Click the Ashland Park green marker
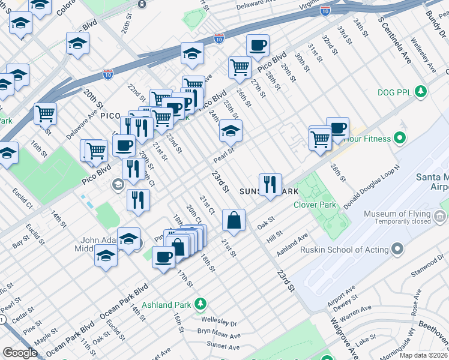click(x=201, y=305)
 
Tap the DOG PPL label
click(x=393, y=92)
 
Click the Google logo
click(x=20, y=353)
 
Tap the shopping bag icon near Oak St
click(x=234, y=220)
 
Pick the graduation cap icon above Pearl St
click(x=231, y=130)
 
